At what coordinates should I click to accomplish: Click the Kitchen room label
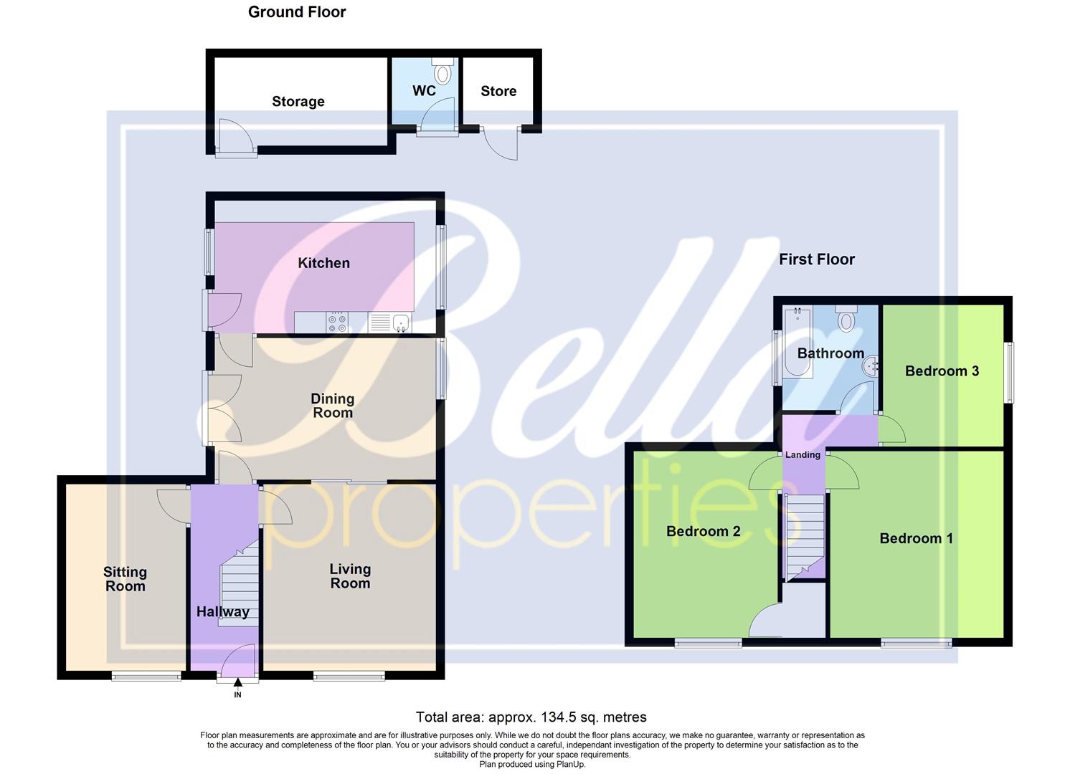(323, 263)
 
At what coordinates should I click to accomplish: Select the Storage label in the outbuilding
(298, 102)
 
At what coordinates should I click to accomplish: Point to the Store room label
(498, 91)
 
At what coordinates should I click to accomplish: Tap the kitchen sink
(400, 323)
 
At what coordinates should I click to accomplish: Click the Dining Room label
(332, 406)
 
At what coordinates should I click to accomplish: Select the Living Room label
(350, 576)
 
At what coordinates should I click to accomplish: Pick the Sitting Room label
(125, 579)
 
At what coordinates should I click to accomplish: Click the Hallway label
(223, 612)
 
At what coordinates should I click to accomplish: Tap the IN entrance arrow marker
(238, 692)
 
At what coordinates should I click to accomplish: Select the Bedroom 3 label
(942, 371)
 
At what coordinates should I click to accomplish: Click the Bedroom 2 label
(703, 531)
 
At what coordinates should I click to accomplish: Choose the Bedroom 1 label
(916, 538)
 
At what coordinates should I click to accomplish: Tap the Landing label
(803, 455)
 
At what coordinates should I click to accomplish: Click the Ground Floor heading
(297, 12)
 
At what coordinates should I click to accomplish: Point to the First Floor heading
(817, 259)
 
